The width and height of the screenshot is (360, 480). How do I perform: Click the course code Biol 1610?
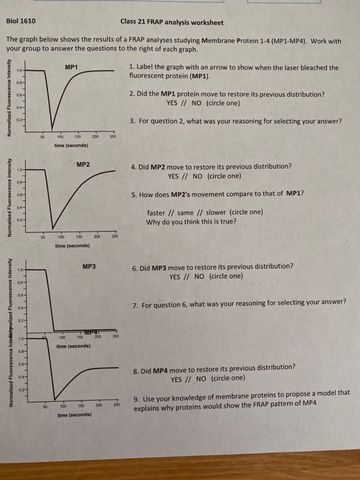click(x=21, y=21)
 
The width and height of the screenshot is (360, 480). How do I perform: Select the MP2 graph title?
click(x=83, y=165)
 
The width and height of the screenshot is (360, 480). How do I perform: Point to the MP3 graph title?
click(x=88, y=264)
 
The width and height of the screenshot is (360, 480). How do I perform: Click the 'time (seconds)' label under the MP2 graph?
click(x=73, y=245)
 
